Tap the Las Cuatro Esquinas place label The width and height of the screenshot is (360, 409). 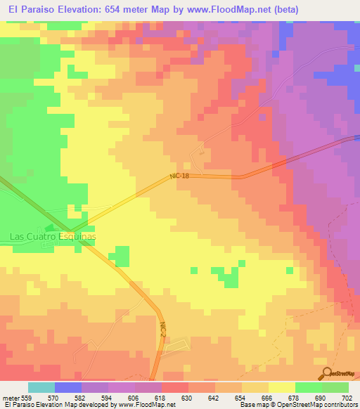pyautogui.click(x=53, y=237)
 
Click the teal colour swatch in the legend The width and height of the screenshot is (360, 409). pyautogui.click(x=41, y=387)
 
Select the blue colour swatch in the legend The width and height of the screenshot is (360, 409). pyautogui.click(x=67, y=387)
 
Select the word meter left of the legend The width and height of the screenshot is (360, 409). pyautogui.click(x=11, y=397)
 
